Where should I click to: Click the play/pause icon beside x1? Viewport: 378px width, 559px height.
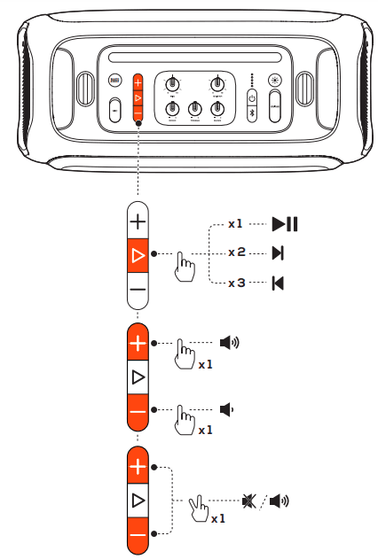[x=285, y=223]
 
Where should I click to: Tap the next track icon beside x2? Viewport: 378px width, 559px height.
[x=279, y=253]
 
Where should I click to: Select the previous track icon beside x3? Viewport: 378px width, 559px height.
[x=279, y=283]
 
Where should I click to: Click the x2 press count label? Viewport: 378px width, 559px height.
[x=236, y=253]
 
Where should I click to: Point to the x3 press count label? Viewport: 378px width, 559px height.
[x=236, y=283]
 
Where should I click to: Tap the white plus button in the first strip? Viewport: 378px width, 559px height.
[x=138, y=220]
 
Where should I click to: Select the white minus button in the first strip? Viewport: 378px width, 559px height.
[x=138, y=290]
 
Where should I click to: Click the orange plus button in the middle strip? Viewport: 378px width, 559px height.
[x=138, y=342]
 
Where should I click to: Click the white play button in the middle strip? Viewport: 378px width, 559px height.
[x=138, y=377]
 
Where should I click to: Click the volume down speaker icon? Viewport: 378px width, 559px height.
[x=227, y=409]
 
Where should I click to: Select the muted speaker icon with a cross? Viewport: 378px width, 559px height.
[x=248, y=501]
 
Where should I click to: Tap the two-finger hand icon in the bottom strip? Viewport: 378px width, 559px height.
[x=200, y=509]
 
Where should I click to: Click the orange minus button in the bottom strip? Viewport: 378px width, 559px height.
[x=138, y=535]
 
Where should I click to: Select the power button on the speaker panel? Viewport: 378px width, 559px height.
[x=252, y=97]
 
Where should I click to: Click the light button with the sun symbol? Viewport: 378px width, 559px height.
[x=275, y=80]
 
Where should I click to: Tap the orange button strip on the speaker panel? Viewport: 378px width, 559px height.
[x=138, y=97]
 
